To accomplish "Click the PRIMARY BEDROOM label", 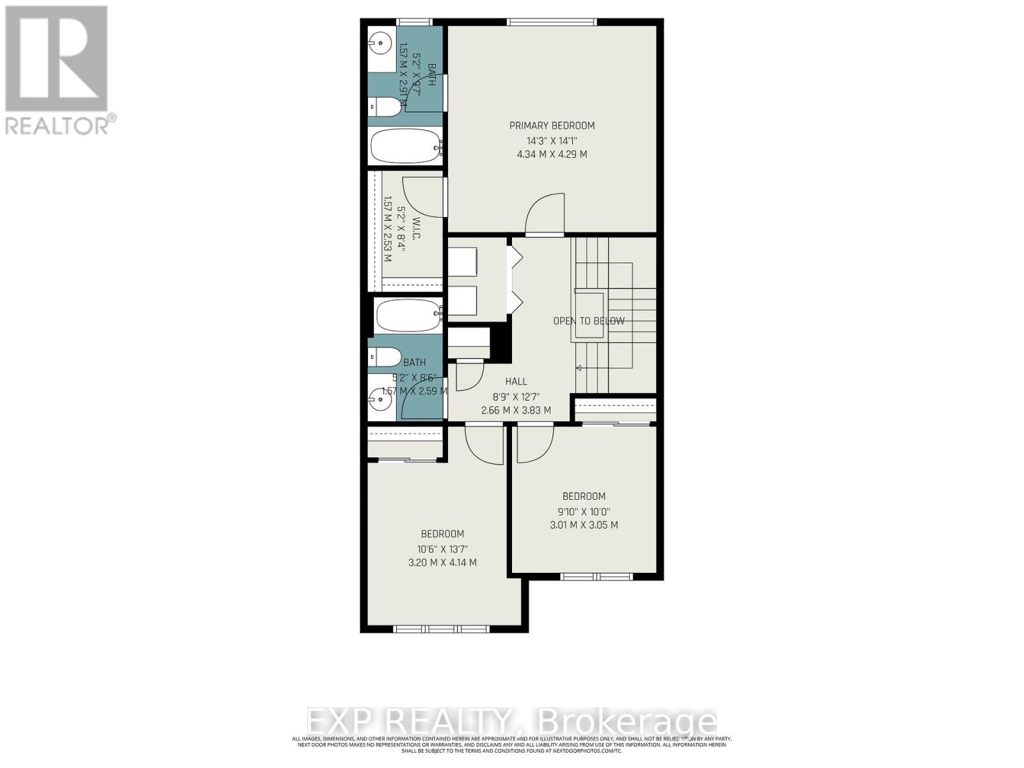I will (x=552, y=125).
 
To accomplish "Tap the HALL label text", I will (x=516, y=381).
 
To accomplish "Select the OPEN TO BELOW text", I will (x=589, y=321).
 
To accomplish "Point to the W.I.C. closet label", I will (x=416, y=228).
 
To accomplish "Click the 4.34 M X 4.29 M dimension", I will (x=552, y=154).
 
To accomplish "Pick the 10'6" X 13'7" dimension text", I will (x=442, y=548).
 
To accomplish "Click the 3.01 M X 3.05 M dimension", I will (x=584, y=525).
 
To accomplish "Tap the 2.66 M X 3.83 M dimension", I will (x=516, y=410).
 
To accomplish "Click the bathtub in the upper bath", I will (x=406, y=147).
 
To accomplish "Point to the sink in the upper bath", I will (x=381, y=45).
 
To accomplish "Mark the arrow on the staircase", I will (x=580, y=368).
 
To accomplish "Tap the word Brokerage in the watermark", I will (x=627, y=722).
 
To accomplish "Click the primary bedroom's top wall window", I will (x=551, y=22).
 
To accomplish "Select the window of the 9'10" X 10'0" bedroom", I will (x=596, y=577).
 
